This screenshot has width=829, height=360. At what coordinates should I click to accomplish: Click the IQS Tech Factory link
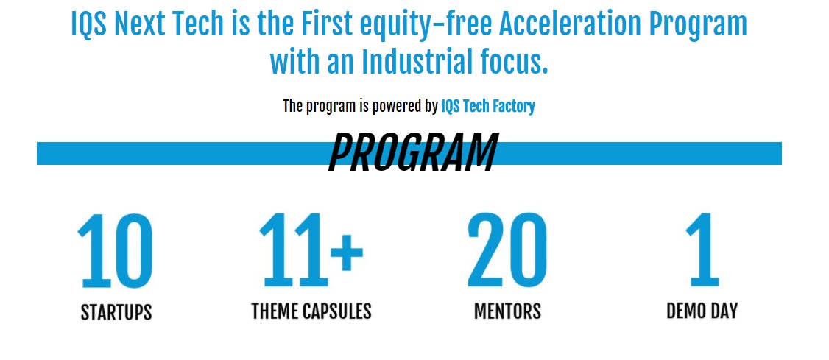[487, 106]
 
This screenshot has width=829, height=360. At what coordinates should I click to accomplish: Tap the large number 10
[116, 251]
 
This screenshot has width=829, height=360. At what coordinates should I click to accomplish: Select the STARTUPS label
[116, 312]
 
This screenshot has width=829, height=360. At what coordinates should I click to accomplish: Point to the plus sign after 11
[346, 250]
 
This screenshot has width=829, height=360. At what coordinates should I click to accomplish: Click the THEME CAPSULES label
[311, 311]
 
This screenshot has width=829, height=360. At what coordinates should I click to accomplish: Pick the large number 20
[507, 251]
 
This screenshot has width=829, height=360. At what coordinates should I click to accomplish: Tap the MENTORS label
[507, 311]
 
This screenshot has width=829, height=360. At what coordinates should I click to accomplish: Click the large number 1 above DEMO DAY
[702, 251]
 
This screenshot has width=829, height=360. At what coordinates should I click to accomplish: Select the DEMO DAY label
[702, 311]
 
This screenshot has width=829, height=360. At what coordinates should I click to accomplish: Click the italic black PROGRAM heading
[412, 153]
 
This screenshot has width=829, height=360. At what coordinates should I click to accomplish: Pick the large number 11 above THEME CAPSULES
[293, 250]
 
